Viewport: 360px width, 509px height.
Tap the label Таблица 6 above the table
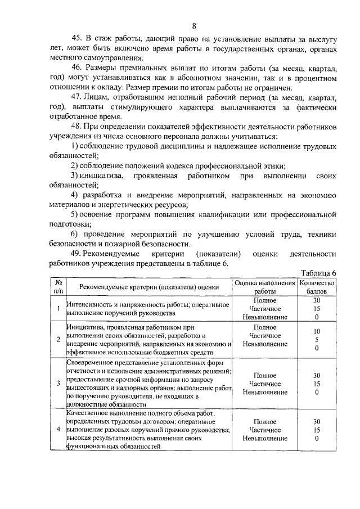point(318,273)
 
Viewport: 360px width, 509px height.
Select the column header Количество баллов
point(317,287)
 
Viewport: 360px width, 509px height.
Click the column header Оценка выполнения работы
point(265,287)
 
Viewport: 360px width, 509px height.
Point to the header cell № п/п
point(58,287)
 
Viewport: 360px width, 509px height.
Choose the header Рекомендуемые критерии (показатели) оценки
point(148,287)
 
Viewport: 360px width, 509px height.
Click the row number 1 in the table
point(58,308)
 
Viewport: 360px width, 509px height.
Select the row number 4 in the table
point(58,429)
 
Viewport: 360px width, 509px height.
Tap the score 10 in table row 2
point(317,332)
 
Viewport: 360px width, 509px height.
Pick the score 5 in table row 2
point(317,340)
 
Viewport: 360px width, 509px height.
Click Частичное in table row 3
point(264,384)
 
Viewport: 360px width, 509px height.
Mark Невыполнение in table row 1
point(265,317)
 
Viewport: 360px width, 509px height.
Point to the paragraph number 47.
point(77,97)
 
